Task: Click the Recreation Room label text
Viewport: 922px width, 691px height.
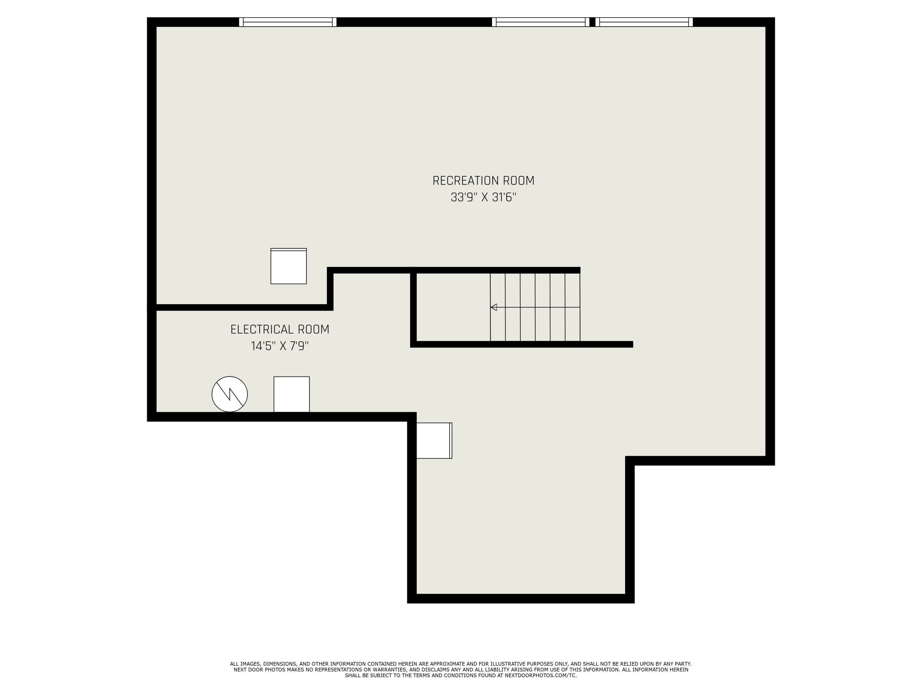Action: pyautogui.click(x=483, y=181)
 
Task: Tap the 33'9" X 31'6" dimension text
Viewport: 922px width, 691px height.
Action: pyautogui.click(x=483, y=197)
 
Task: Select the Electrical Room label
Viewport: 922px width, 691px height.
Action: pyautogui.click(x=280, y=330)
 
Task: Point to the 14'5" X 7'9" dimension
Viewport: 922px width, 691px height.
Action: pyautogui.click(x=280, y=346)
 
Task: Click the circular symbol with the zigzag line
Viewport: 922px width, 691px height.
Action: pyautogui.click(x=230, y=394)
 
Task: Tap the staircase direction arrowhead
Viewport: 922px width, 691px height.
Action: pyautogui.click(x=494, y=307)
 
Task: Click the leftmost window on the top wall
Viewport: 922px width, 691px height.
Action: pyautogui.click(x=288, y=22)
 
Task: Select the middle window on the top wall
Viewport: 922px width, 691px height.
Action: pyautogui.click(x=541, y=22)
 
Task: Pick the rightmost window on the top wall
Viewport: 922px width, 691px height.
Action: pyautogui.click(x=644, y=22)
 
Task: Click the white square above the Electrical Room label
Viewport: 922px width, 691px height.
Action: pyautogui.click(x=289, y=266)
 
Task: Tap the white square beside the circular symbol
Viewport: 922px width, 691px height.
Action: pyautogui.click(x=291, y=394)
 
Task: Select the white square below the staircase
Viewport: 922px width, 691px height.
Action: pyautogui.click(x=434, y=441)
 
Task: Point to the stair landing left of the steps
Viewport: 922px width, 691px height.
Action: pyautogui.click(x=453, y=307)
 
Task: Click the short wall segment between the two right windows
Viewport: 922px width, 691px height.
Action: pyautogui.click(x=592, y=22)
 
